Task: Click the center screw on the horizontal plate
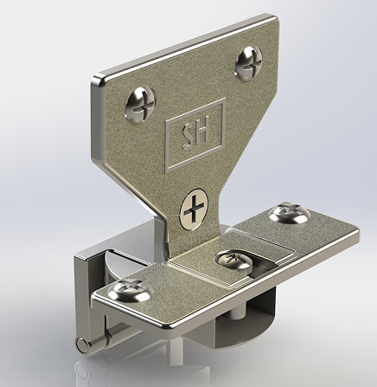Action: (x=232, y=259)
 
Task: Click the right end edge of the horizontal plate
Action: (x=356, y=237)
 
